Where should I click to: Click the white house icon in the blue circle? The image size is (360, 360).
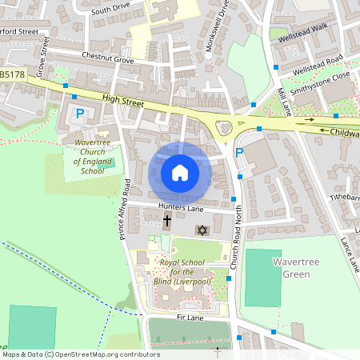click(x=180, y=173)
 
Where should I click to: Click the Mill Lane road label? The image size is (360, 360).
click(x=281, y=97)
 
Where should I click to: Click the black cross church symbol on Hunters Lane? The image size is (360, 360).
click(x=167, y=220)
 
